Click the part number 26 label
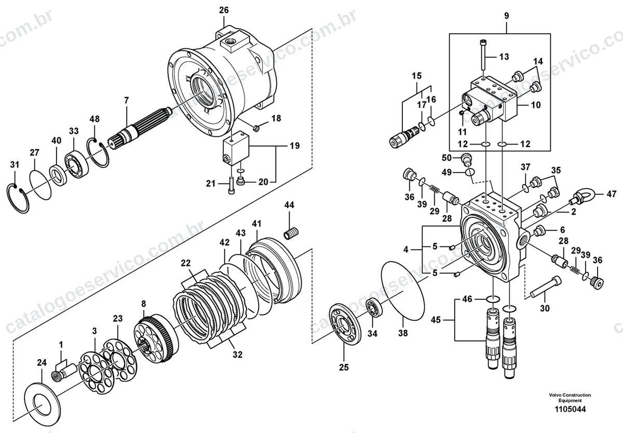click(224, 10)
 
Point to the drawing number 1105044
click(570, 409)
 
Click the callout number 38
click(403, 333)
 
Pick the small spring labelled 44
click(291, 233)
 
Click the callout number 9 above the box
click(507, 16)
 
